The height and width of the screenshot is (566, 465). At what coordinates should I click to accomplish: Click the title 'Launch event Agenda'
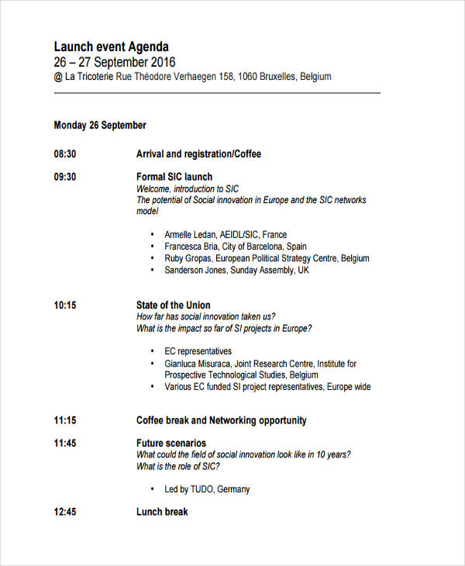[x=111, y=47]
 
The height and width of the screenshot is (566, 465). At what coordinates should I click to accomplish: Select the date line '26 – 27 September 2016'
[x=115, y=62]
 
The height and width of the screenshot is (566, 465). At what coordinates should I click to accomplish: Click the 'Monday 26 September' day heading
[x=100, y=125]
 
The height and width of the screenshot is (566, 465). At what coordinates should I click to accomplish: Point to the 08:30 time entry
[x=65, y=154]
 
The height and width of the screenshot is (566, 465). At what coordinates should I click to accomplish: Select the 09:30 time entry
[x=65, y=177]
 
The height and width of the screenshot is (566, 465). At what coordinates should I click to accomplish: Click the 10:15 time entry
[x=65, y=305]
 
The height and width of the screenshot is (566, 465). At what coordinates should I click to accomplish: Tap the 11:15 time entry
[x=65, y=420]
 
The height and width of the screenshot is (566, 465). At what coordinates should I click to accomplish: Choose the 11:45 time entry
[x=65, y=443]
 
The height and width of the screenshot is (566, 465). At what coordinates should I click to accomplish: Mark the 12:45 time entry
[x=65, y=512]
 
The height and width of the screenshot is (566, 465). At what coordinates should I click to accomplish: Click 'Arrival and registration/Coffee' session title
[x=198, y=154]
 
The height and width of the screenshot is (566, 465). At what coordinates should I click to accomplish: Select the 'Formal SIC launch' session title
[x=174, y=177]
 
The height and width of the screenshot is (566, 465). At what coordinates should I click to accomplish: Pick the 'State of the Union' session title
[x=173, y=305]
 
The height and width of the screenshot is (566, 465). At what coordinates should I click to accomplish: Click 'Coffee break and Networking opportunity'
[x=221, y=420]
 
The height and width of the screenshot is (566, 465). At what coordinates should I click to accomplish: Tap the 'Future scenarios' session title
[x=171, y=443]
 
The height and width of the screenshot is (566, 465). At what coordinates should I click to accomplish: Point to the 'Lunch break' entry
[x=162, y=512]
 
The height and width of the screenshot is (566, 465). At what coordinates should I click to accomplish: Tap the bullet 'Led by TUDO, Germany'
[x=207, y=489]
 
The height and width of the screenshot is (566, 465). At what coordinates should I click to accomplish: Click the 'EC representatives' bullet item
[x=198, y=351]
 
